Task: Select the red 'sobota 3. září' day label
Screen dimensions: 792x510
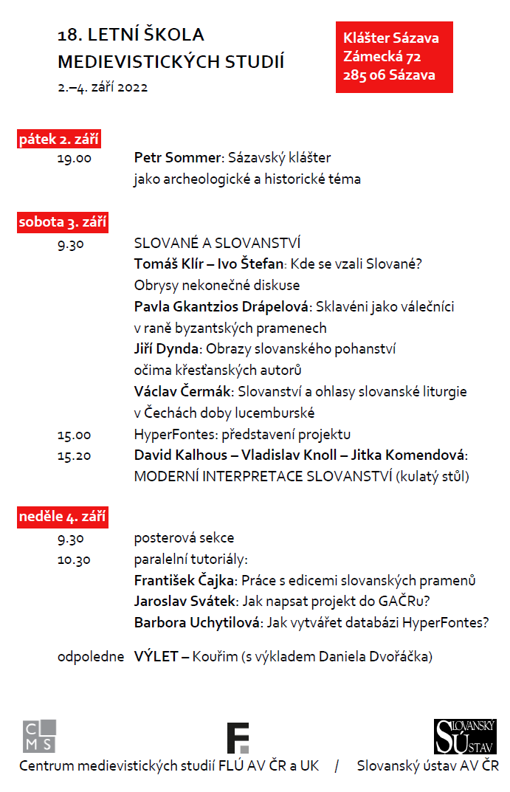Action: click(63, 222)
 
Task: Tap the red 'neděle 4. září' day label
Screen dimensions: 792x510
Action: click(63, 517)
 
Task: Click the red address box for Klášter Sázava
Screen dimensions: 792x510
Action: click(394, 57)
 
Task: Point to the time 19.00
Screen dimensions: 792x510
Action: click(75, 158)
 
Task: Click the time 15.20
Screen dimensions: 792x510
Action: click(75, 455)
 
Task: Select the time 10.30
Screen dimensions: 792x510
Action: click(75, 559)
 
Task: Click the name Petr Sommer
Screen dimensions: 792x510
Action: click(178, 158)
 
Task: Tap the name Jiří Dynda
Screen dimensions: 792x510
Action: click(166, 349)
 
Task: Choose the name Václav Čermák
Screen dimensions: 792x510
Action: click(181, 391)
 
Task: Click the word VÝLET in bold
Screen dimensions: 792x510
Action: click(156, 656)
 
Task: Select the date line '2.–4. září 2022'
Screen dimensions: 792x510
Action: click(103, 87)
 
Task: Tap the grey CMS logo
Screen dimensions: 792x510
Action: click(39, 736)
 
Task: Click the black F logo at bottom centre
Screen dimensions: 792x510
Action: click(238, 738)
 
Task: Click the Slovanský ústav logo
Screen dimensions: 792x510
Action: click(465, 737)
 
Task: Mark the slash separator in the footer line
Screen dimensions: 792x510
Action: click(337, 766)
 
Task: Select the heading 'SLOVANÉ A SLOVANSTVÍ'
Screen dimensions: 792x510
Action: click(217, 244)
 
